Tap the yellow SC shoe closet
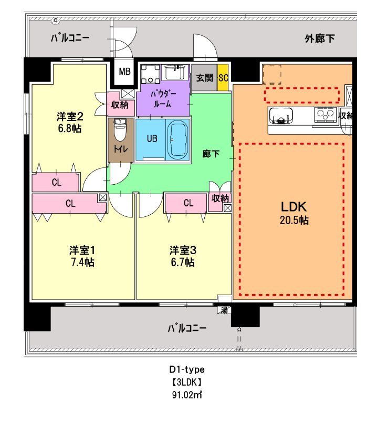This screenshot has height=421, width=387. point(223,78)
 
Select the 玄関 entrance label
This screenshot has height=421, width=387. point(204,78)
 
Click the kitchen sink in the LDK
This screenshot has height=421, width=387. point(283,115)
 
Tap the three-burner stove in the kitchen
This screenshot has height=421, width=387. point(323,113)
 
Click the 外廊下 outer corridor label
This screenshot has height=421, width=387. point(320,38)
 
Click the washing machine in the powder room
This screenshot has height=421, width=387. point(152,74)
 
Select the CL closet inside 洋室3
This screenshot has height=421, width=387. point(188,203)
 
